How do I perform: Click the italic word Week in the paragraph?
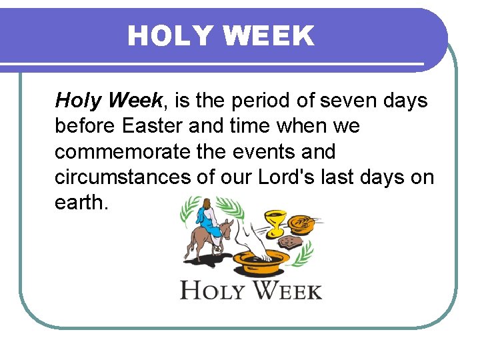[x=135, y=101]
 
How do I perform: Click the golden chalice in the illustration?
[x=275, y=221]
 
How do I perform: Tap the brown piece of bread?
[x=291, y=241]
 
